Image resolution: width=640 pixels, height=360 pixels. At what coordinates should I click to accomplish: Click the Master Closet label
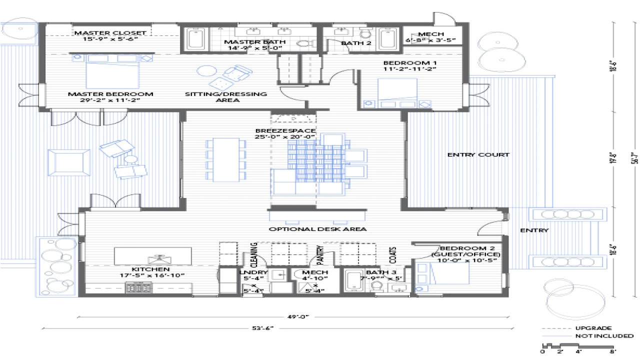coord(110,33)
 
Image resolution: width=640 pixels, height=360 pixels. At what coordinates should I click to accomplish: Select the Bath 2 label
coord(355,43)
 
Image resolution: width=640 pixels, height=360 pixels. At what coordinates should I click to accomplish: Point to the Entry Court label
coord(478,155)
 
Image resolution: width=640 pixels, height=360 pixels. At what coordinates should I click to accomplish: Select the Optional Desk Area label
coord(317,229)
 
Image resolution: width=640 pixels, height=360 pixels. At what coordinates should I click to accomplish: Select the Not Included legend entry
coord(603,336)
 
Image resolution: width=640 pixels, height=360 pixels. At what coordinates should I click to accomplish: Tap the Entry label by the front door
coord(534,230)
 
